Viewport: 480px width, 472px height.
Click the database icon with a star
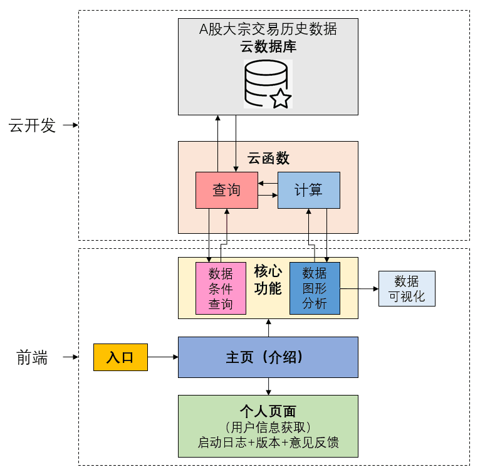tap(268, 84)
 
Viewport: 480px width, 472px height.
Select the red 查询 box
tap(226, 190)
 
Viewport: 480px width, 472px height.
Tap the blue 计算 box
tap(308, 190)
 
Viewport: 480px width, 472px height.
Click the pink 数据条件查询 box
tap(221, 288)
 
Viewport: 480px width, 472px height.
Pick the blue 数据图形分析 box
tap(315, 288)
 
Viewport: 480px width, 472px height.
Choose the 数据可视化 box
tap(407, 288)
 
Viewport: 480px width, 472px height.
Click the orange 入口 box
tap(120, 357)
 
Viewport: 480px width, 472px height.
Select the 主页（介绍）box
tap(268, 357)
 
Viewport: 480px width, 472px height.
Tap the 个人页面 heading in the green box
tap(268, 411)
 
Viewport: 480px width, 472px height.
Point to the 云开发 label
tap(32, 125)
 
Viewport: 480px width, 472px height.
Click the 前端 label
tap(32, 358)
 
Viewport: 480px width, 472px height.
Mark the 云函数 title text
tap(268, 158)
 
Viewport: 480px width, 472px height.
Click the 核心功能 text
tap(268, 280)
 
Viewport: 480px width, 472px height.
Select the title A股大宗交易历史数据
tap(268, 29)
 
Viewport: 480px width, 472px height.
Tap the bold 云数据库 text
tap(268, 46)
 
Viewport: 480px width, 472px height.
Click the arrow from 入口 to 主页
tap(163, 357)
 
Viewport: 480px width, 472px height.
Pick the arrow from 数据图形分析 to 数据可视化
tap(358, 288)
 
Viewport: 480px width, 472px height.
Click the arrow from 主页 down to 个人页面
tap(268, 386)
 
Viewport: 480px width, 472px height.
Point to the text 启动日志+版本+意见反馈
tap(268, 443)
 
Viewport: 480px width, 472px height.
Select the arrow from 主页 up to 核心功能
tap(268, 328)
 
